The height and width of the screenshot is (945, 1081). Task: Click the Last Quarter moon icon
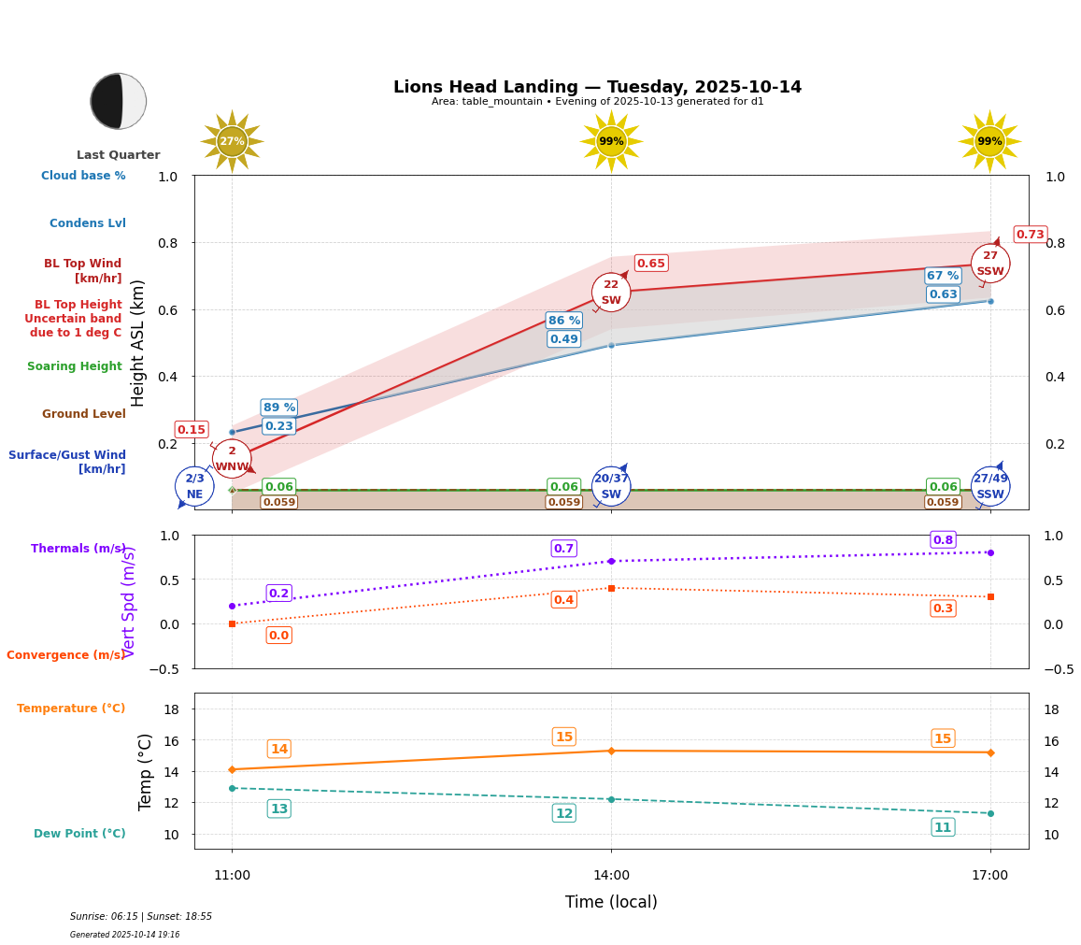tap(119, 101)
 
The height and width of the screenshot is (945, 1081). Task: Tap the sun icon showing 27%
tap(232, 142)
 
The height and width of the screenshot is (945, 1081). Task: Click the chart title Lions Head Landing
tap(597, 87)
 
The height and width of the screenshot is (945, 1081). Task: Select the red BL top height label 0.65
tap(650, 264)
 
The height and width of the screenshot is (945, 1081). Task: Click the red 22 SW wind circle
tap(611, 293)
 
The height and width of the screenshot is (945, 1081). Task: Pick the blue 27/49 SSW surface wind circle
tap(990, 486)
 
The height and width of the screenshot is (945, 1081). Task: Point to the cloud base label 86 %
tap(563, 321)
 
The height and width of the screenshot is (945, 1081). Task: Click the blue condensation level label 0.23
tap(278, 426)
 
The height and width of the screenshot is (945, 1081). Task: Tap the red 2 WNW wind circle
tap(232, 459)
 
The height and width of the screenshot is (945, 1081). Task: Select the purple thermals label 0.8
tap(943, 539)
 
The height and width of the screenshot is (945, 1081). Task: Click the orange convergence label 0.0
tap(278, 636)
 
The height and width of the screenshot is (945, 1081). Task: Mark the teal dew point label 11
tap(943, 827)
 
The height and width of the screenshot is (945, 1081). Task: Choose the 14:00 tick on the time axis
tap(611, 876)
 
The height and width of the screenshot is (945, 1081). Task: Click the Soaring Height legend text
tap(75, 366)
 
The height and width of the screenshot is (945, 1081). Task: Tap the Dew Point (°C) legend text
tap(79, 834)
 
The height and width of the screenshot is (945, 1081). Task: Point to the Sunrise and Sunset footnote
tap(141, 917)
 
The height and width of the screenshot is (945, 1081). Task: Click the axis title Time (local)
tap(611, 902)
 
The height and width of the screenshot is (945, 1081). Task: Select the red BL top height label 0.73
tap(1030, 235)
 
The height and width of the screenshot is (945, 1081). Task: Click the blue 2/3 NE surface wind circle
tap(194, 486)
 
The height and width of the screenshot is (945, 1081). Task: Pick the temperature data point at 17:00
tap(990, 752)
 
